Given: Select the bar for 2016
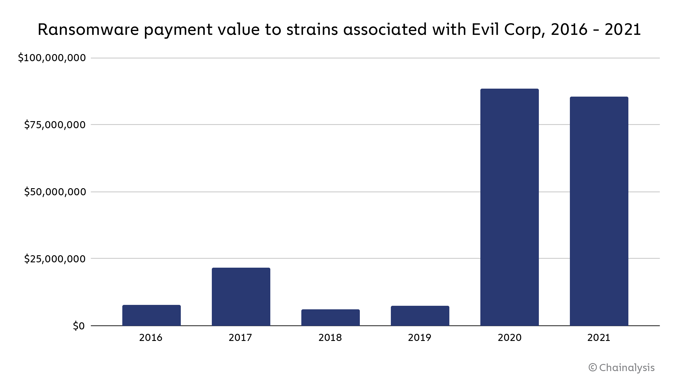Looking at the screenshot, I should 151,315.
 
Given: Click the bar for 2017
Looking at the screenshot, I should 241,297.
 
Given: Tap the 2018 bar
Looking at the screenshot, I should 330,318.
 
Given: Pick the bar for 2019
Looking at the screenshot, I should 420,316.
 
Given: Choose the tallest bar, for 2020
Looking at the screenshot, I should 509,207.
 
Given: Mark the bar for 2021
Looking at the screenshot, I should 599,211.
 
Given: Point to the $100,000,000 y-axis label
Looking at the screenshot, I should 52,58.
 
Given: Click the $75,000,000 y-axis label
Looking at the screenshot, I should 55,125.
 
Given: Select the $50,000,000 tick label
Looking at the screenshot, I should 55,192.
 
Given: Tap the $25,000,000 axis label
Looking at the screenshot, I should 55,259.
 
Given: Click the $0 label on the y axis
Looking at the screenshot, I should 79,326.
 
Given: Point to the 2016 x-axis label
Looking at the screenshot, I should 151,337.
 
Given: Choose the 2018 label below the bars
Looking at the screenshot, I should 330,337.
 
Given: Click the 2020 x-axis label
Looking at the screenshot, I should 509,337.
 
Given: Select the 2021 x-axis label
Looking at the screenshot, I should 599,337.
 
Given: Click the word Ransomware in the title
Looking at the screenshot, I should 88,30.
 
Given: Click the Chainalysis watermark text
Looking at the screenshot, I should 627,368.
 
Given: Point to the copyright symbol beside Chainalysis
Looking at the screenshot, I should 593,368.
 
